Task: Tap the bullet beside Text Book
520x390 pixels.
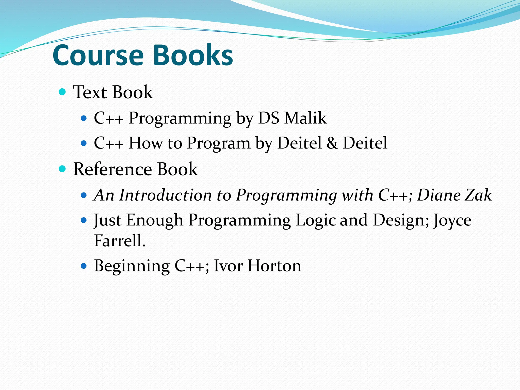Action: [62, 92]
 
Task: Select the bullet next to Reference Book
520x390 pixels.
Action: [62, 169]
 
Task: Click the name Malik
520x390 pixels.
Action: [305, 118]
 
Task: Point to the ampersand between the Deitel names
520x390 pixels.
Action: [332, 143]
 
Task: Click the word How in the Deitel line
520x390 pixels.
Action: [145, 143]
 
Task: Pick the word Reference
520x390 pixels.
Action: [112, 169]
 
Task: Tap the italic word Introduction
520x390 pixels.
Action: [165, 195]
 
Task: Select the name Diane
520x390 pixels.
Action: [439, 195]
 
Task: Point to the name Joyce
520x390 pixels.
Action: [452, 221]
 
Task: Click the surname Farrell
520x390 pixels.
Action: [120, 240]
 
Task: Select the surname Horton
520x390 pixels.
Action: [274, 266]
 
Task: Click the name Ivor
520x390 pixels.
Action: [228, 266]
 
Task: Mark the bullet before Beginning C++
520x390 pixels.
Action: [84, 266]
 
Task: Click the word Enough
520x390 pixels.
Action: [155, 220]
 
